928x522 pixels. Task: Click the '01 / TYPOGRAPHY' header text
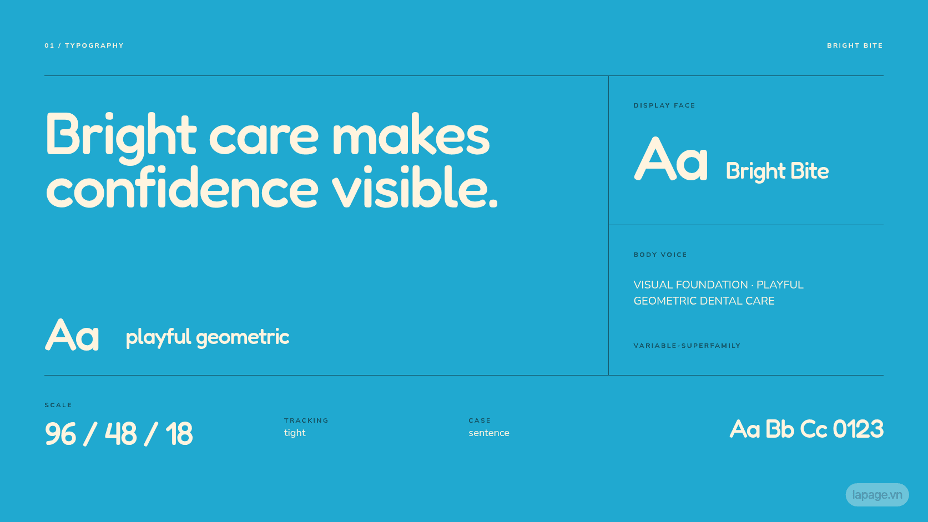click(84, 45)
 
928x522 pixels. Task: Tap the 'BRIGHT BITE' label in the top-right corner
click(855, 45)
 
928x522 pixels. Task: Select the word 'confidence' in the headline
click(182, 187)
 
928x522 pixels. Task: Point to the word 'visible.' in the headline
click(415, 187)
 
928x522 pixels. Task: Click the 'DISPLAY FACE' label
click(664, 105)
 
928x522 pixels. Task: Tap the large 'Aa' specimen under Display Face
click(670, 160)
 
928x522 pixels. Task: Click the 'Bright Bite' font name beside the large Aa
click(777, 171)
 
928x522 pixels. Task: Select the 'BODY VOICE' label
click(660, 255)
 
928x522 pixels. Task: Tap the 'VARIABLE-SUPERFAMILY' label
click(687, 346)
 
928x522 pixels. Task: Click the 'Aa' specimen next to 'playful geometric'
click(72, 335)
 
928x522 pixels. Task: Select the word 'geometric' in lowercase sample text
click(243, 338)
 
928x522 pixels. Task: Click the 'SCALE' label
click(58, 405)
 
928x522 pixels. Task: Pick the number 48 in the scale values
click(120, 433)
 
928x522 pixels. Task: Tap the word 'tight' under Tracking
click(295, 433)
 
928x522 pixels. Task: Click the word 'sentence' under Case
click(489, 433)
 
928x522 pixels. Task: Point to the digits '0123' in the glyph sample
click(858, 429)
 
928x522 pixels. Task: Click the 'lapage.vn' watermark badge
click(877, 495)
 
